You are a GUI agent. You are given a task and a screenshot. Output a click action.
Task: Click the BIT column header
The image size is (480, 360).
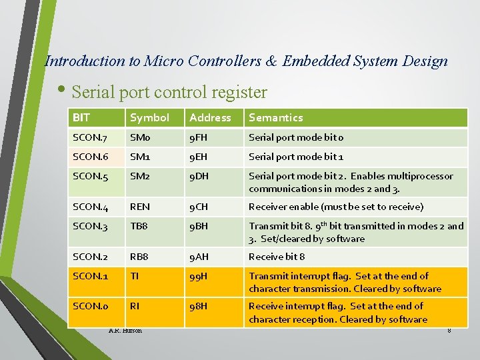(81, 118)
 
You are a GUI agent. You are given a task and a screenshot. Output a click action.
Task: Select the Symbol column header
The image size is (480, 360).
(149, 118)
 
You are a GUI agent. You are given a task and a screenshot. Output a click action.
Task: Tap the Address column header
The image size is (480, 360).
(210, 118)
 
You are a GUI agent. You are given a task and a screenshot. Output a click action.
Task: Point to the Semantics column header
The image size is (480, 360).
(275, 118)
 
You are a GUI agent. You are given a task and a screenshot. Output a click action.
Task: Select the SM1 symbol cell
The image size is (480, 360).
(139, 157)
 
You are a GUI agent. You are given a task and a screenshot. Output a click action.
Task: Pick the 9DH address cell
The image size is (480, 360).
(199, 176)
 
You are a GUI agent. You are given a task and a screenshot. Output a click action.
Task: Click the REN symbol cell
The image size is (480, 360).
(140, 207)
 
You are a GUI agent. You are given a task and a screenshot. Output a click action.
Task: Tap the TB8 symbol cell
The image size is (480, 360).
(139, 226)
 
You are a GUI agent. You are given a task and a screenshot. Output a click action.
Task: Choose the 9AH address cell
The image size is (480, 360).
(199, 257)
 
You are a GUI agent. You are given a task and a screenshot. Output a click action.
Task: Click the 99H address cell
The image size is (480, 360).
(199, 276)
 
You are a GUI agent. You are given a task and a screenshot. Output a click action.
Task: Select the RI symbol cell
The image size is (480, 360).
(135, 307)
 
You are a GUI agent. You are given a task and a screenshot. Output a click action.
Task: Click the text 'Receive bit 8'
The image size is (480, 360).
(277, 257)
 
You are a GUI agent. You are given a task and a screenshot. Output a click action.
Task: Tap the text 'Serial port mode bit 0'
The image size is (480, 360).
(296, 137)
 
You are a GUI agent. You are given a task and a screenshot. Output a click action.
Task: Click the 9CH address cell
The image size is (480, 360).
(199, 207)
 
